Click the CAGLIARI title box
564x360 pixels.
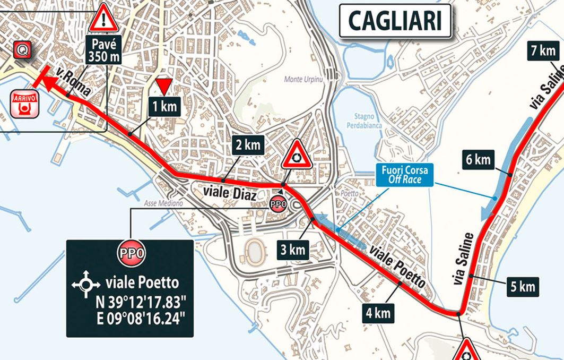(395, 21)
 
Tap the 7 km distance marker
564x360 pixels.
(542, 51)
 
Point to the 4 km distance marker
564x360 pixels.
(378, 313)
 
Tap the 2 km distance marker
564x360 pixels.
(247, 144)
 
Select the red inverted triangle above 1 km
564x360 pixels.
(164, 85)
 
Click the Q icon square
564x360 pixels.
(23, 50)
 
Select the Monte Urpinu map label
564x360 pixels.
(301, 80)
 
